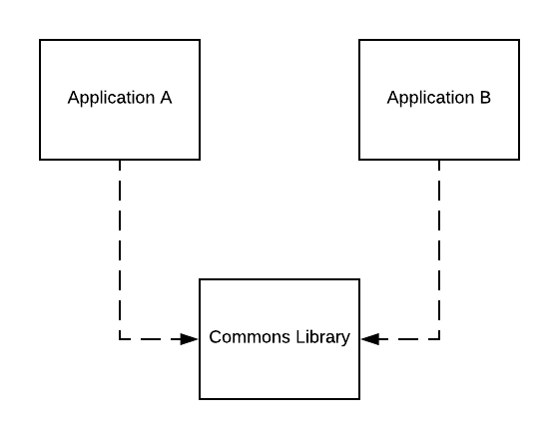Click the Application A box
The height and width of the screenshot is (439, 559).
point(120,100)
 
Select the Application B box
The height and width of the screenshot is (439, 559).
point(439,100)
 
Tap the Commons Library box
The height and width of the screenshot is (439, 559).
point(279,339)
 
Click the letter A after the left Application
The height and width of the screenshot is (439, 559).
point(166,98)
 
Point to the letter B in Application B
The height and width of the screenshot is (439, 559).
point(485,98)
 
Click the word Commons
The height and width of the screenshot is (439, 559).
point(250,337)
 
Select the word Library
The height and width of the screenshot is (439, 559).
point(323,338)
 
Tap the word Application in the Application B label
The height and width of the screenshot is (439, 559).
point(431,98)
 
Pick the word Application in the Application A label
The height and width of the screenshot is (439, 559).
point(111,98)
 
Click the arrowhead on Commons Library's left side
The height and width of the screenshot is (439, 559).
point(190,339)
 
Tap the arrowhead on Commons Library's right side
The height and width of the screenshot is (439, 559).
point(369,339)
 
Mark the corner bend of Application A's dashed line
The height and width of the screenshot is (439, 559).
point(120,339)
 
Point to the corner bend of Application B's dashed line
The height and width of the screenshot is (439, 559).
point(439,339)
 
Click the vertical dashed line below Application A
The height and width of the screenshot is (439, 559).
point(120,249)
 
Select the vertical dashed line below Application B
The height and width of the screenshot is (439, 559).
point(439,249)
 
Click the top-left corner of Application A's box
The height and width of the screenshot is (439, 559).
point(40,40)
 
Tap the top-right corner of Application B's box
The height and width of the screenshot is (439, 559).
point(519,40)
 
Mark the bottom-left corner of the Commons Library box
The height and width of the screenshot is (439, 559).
point(200,399)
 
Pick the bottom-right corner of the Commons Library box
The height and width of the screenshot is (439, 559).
point(359,399)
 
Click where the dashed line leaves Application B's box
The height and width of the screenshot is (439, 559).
point(439,161)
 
